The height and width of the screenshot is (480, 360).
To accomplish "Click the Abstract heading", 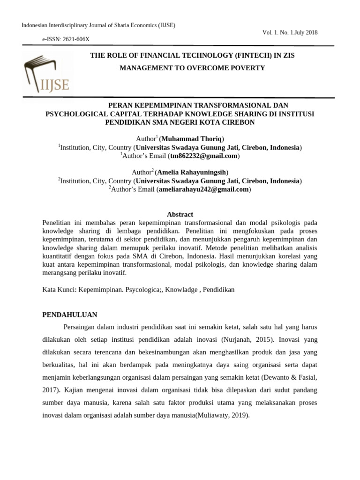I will coord(180,214).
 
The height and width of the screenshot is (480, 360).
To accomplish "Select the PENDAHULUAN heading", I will coord(69,315).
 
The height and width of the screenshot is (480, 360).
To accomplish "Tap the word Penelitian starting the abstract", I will coord(57,223).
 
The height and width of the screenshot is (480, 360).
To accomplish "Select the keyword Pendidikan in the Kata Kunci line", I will coord(218,290).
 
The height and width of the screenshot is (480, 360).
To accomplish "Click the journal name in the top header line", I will coord(98,25).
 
